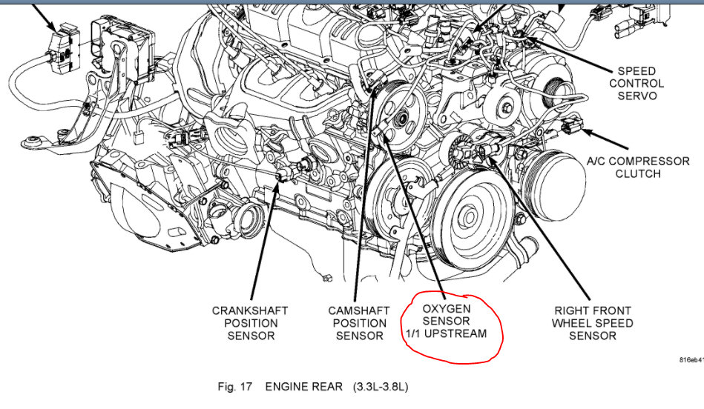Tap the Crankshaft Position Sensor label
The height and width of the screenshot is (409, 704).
249,323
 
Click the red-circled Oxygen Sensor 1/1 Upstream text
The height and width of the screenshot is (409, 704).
446,321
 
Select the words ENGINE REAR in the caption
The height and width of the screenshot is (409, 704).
303,387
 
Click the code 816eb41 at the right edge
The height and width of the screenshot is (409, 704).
689,360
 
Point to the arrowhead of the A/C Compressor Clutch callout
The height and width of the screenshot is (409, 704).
583,132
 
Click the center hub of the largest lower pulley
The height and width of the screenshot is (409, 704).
468,216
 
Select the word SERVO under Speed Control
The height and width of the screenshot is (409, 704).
636,96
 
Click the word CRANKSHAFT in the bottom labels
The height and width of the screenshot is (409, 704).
249,310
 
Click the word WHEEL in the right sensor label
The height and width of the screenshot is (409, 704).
593,323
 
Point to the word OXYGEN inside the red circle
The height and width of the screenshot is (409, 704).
446,307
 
